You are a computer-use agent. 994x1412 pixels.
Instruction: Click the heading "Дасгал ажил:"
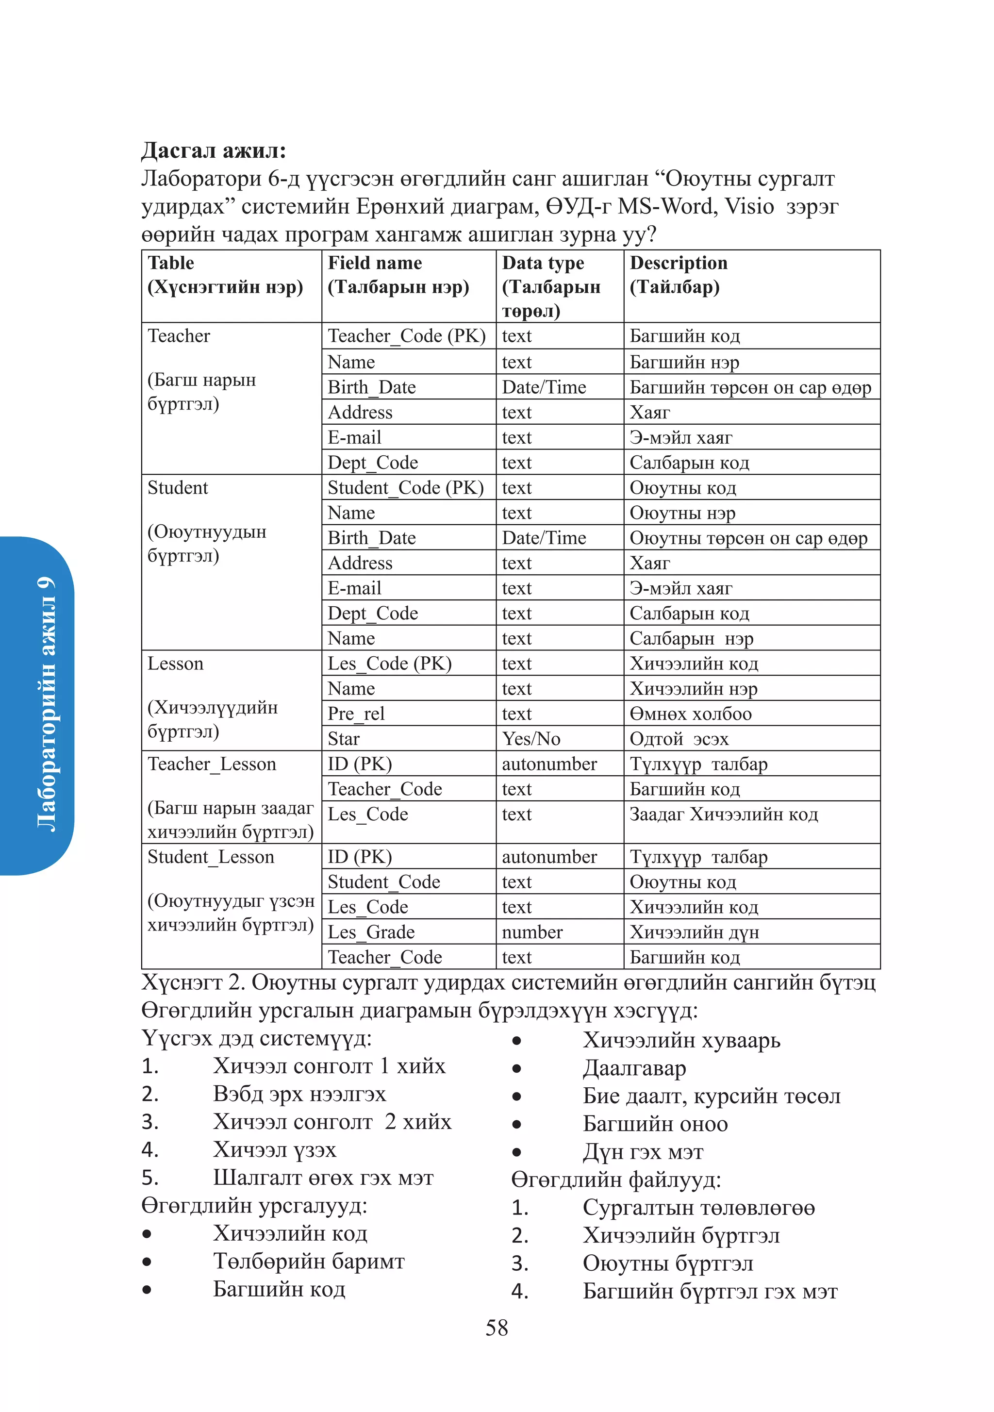coord(214,150)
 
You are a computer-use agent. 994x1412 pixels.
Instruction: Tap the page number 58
coord(497,1327)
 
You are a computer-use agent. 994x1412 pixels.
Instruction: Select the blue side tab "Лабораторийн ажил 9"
coord(46,704)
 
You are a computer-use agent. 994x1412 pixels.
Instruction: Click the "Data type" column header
coord(543,263)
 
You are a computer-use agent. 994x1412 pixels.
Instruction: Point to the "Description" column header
coord(678,263)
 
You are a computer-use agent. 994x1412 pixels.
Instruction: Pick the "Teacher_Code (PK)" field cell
coord(407,336)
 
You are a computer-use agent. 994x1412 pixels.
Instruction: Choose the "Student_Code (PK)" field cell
coord(405,488)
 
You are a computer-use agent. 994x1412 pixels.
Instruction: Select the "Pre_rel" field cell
coord(356,714)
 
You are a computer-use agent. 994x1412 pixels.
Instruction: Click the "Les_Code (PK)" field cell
coord(389,664)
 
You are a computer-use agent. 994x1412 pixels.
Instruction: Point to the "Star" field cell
coord(343,739)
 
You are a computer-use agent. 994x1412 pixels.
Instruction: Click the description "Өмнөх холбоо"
coord(690,714)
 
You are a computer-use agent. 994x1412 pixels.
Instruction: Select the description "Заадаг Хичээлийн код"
coord(723,814)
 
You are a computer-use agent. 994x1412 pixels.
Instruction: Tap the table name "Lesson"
coord(175,664)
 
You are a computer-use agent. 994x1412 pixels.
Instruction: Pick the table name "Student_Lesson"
coord(210,857)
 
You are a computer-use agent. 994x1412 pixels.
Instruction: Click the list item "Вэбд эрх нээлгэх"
coord(299,1094)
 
